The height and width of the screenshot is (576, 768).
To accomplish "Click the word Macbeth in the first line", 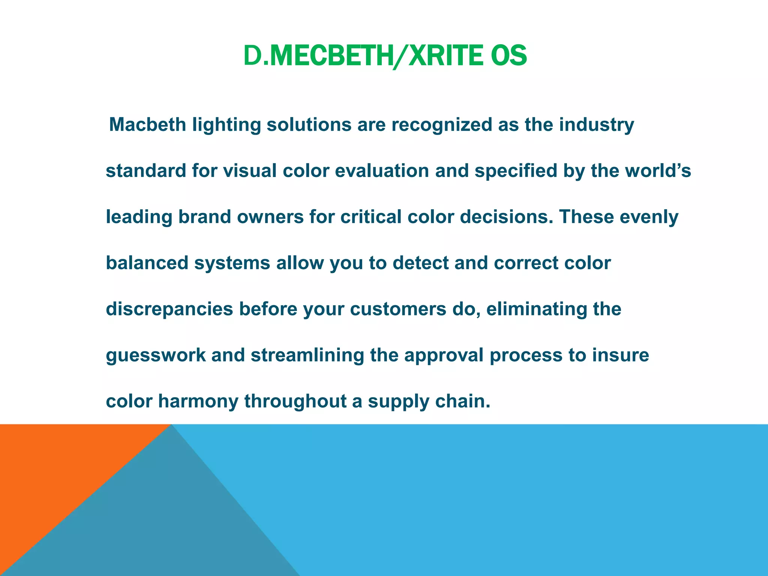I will tap(147, 124).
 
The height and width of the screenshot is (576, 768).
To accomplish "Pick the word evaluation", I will tap(382, 171).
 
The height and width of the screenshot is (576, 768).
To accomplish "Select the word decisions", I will tap(506, 217).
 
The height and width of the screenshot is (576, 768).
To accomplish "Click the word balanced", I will tap(147, 263).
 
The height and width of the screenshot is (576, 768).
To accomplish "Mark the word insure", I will tap(621, 355).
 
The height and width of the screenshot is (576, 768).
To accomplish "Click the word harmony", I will tap(198, 402).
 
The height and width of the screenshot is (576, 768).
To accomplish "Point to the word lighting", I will tap(226, 125).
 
